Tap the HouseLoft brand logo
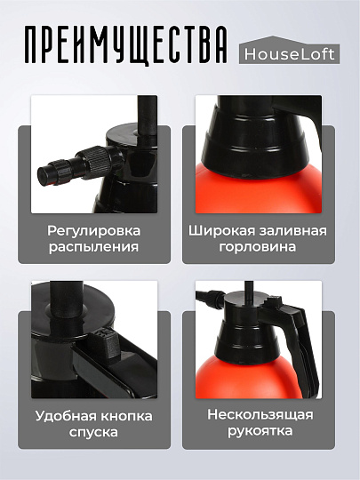290,54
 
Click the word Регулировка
94,230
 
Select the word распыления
94,247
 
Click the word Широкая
219,230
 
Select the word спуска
94,433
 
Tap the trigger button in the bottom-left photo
103,342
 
